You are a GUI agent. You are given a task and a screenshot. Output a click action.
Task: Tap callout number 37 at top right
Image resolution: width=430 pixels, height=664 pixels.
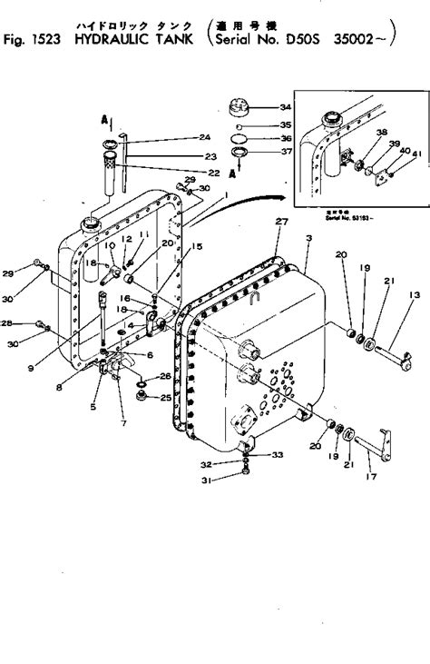286,152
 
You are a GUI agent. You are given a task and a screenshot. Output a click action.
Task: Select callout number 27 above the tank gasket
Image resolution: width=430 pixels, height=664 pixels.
281,221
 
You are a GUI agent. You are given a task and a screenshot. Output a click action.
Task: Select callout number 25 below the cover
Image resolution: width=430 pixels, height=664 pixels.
165,397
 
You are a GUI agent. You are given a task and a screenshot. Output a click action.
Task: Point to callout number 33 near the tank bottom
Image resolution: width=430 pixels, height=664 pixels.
278,455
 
